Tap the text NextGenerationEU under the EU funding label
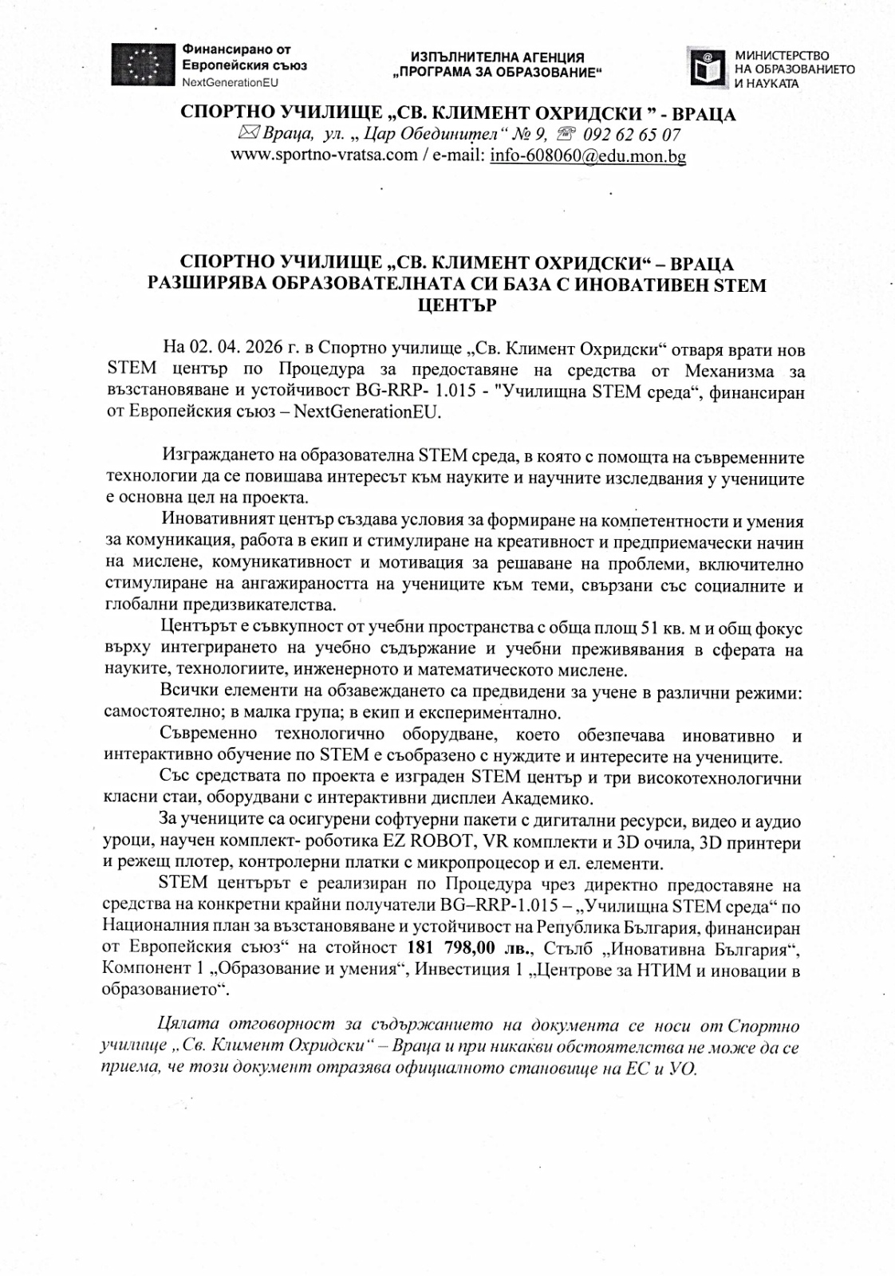[x=231, y=83]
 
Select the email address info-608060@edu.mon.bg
[x=588, y=156]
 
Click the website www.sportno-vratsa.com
[x=323, y=156]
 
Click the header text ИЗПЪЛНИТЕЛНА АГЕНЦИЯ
[x=498, y=57]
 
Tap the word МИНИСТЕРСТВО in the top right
[x=781, y=55]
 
